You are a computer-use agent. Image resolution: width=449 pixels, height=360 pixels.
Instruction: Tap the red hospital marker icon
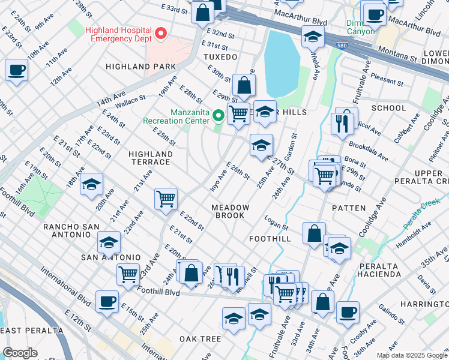(x=161, y=34)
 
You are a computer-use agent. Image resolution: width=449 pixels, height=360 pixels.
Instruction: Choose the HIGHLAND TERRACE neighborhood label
(x=150, y=158)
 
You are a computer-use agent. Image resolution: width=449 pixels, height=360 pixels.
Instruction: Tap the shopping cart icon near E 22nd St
(x=166, y=198)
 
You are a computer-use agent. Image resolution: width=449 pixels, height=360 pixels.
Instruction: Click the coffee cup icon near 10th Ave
(x=16, y=70)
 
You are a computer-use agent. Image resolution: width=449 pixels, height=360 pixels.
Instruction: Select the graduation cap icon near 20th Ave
(x=91, y=184)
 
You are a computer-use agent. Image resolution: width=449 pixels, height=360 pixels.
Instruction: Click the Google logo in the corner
(x=20, y=353)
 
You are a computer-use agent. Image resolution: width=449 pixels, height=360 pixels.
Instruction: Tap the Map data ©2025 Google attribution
(x=411, y=355)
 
